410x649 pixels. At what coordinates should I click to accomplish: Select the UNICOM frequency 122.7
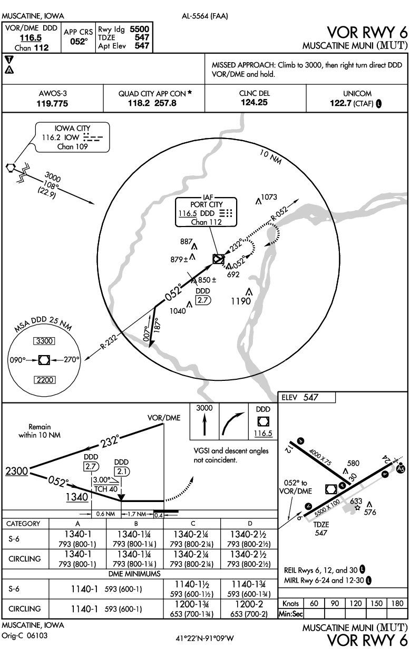tap(341, 103)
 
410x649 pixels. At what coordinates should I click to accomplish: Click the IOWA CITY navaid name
tap(72, 127)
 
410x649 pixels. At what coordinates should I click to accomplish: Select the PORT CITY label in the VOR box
tap(206, 204)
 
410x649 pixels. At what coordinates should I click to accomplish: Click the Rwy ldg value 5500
tap(140, 29)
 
